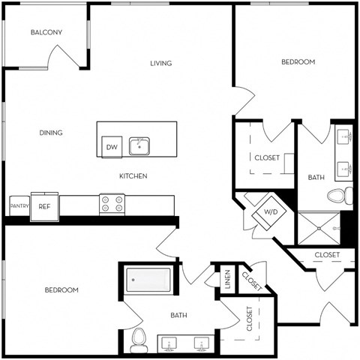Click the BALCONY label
46,32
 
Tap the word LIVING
160,63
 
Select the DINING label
51,133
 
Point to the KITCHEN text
133,176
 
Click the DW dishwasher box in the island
111,147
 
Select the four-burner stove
112,204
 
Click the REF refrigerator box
45,206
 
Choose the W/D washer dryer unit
268,212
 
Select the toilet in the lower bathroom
138,340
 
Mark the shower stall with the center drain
319,226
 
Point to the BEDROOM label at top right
298,61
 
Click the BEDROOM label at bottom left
61,289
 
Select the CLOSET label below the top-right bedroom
267,157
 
